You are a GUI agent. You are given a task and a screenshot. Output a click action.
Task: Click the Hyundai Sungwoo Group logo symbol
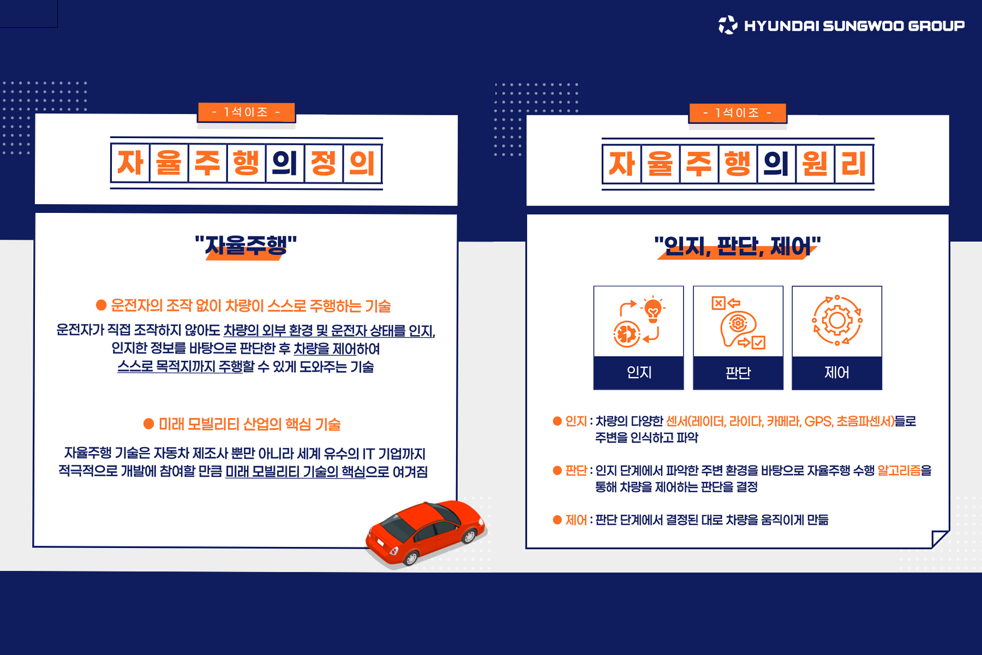[x=728, y=25]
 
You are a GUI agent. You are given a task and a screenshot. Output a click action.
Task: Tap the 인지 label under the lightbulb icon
[x=639, y=372]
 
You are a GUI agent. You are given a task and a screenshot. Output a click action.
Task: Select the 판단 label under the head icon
[x=738, y=373]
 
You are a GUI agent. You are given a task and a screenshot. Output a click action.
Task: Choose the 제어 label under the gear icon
[x=837, y=372]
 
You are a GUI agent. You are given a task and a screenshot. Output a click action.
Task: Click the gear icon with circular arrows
[x=837, y=320]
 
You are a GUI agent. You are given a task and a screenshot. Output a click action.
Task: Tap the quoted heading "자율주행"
[x=246, y=245]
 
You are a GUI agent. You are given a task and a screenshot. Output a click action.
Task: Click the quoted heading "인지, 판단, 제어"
[x=738, y=246]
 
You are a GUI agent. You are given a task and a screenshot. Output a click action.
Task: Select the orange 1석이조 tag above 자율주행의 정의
[x=246, y=112]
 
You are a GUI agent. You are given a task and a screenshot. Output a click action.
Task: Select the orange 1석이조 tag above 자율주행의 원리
[x=738, y=113]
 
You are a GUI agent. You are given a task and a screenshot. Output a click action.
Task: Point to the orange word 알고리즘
[x=899, y=471]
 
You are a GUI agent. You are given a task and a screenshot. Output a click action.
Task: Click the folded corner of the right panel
[x=940, y=539]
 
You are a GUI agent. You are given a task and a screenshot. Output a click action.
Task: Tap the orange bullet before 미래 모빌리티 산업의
[x=148, y=424]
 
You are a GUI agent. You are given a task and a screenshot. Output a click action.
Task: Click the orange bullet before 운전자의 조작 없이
[x=101, y=305]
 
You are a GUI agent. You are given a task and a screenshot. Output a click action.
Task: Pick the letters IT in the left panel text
[x=369, y=454]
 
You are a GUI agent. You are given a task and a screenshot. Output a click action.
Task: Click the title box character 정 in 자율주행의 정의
[x=324, y=163]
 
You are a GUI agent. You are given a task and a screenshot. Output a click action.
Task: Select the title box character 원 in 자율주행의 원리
[x=815, y=163]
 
